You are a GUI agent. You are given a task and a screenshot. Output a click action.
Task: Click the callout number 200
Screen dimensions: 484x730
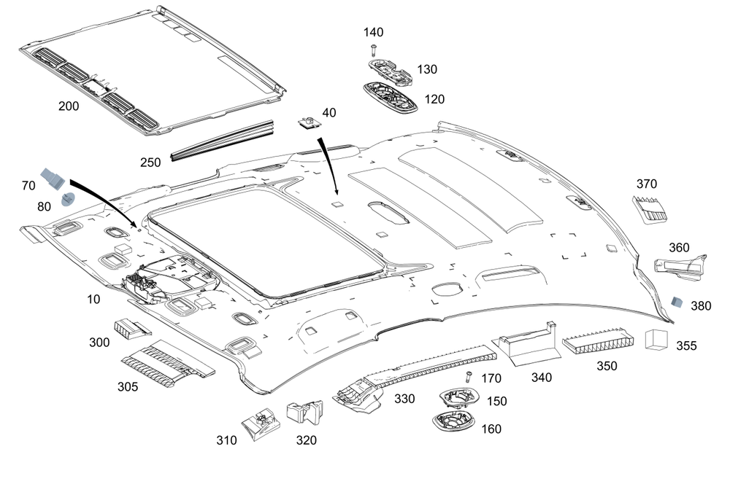coord(69,106)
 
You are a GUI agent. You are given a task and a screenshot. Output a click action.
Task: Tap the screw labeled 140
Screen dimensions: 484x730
coord(374,50)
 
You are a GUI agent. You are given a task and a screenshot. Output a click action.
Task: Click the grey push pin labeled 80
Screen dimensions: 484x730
coord(67,199)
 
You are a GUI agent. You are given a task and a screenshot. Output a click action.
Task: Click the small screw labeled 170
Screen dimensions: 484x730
coord(468,377)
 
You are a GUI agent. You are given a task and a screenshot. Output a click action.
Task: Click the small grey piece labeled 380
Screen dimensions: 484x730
coord(677,301)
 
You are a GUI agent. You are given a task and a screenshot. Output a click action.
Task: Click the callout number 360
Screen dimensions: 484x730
coord(679,248)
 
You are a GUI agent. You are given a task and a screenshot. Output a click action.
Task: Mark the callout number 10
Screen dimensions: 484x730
coord(93,299)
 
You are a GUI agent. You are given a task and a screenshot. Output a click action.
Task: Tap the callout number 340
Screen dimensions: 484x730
coord(542,378)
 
